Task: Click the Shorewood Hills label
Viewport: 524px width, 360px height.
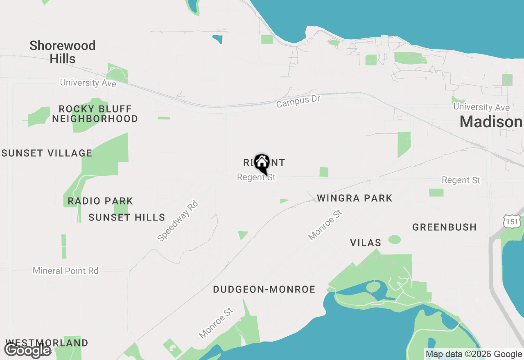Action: (63, 52)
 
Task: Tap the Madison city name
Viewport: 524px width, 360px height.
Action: (491, 122)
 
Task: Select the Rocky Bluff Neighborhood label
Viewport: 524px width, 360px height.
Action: (95, 114)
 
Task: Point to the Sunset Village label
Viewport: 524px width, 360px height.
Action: (47, 153)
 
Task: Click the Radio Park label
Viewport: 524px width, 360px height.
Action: (100, 201)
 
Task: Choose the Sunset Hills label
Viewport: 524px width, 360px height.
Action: (127, 217)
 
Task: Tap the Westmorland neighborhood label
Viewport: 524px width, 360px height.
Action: (47, 343)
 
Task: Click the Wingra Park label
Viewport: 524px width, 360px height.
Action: (355, 198)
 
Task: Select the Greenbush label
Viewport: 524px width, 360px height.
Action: (444, 227)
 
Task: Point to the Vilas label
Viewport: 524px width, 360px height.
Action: (366, 243)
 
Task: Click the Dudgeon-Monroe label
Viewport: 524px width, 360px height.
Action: (264, 290)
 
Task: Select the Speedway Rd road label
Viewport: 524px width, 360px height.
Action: (178, 220)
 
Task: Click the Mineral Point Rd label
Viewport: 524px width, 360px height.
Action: (65, 270)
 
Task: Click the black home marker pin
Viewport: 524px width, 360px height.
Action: (262, 163)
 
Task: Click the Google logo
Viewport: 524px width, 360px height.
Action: (27, 350)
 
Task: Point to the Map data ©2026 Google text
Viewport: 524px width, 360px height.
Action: (474, 354)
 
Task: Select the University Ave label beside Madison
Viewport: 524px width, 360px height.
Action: (481, 107)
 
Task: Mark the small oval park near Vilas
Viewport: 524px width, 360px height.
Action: (395, 240)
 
